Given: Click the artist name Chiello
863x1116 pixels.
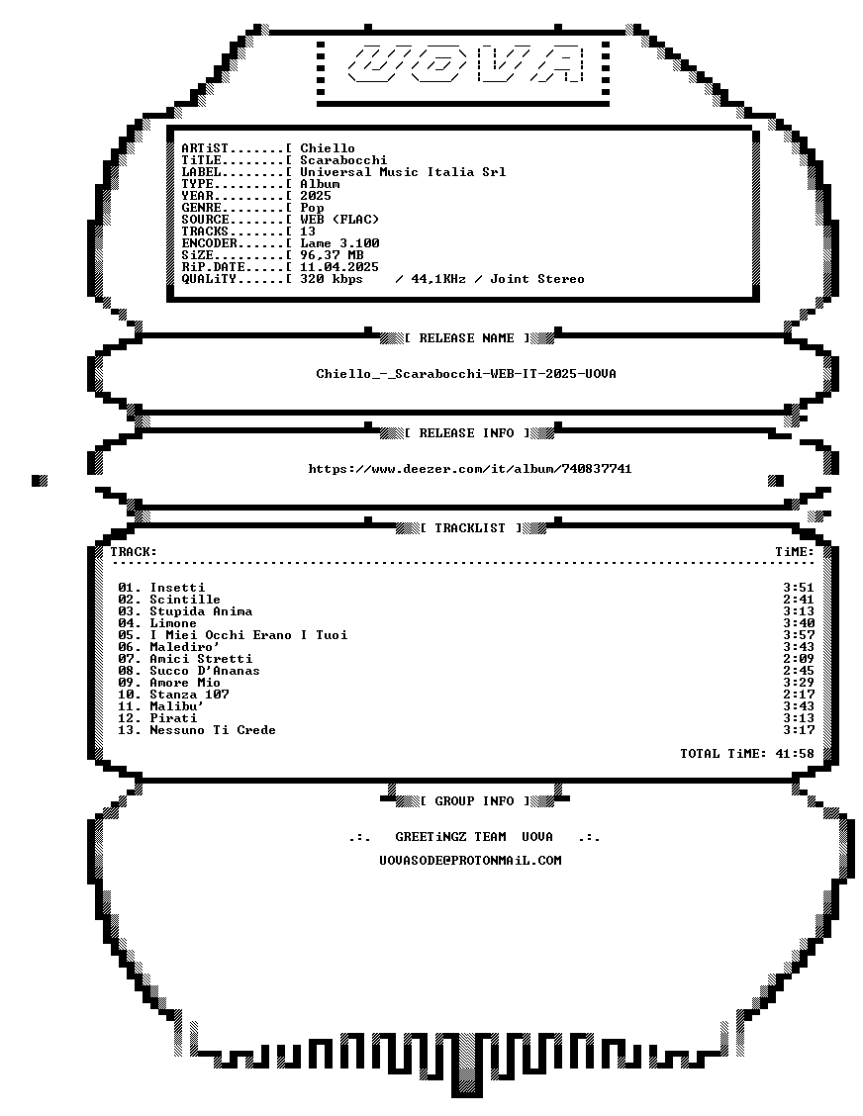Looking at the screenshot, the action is pos(328,148).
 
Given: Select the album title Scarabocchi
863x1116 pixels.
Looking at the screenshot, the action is pos(343,160).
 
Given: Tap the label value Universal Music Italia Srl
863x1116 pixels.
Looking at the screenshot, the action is pos(403,171).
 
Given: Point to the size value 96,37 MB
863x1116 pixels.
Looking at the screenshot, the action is pos(332,255).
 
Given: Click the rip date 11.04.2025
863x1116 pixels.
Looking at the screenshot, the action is pos(339,267).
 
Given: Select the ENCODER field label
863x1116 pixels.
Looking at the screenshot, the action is pos(210,242).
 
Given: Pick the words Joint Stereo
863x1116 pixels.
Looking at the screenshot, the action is pos(537,279).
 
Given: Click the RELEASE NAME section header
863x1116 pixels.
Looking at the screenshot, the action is pos(466,338).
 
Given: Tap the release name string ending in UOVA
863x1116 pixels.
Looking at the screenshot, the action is pos(466,374).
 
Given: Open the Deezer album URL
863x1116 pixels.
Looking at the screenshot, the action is pos(470,468).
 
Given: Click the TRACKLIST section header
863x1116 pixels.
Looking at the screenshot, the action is pos(471,528).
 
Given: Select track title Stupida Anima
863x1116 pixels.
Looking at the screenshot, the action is pos(201,611).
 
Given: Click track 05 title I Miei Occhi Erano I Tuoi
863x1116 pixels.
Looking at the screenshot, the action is pos(248,635).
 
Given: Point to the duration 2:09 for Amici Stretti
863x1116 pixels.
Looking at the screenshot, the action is pos(799,658).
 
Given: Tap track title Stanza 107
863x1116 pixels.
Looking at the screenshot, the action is pos(189,694).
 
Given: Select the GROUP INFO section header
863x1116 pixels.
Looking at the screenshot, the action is pos(474,801).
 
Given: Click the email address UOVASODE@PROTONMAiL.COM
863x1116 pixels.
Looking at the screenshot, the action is pos(471,861).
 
